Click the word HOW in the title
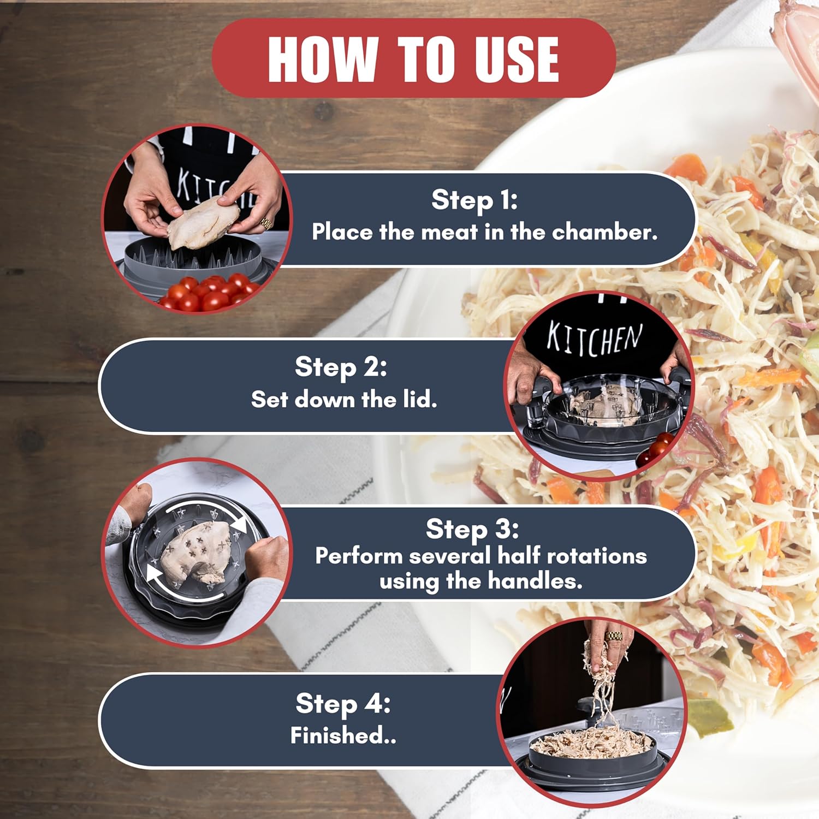click(x=323, y=59)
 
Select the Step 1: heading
click(x=474, y=199)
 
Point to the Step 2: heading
click(x=341, y=366)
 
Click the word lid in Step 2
click(x=420, y=400)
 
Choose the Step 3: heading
click(x=472, y=529)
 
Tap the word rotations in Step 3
click(x=597, y=556)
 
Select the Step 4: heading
click(x=343, y=703)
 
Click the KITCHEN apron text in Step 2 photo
click(x=595, y=338)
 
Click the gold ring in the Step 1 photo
click(x=265, y=223)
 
